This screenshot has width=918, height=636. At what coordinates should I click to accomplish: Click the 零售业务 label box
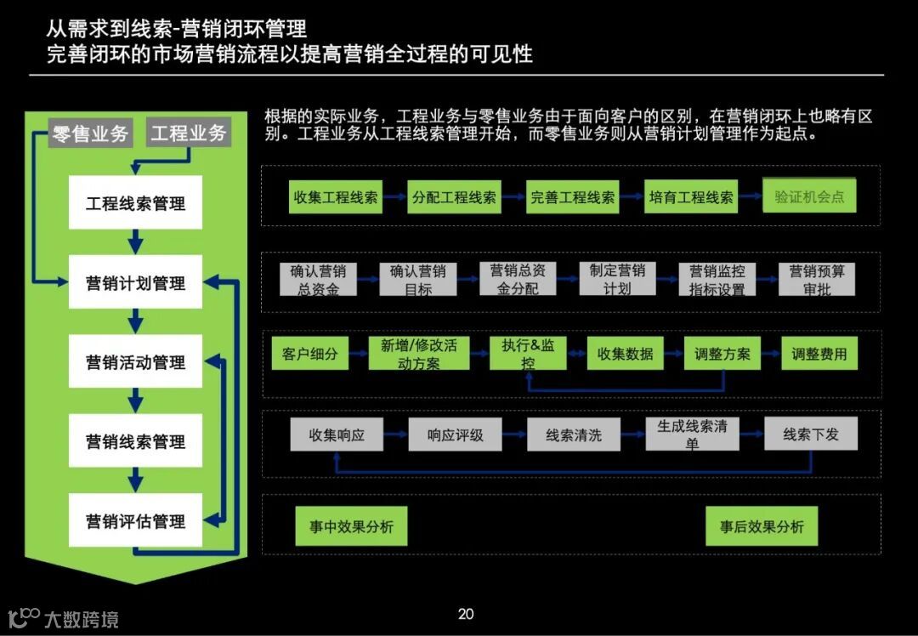point(90,133)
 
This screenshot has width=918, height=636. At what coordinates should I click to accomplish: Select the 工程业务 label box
point(189,133)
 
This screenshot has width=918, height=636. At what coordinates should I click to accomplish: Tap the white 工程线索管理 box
point(135,203)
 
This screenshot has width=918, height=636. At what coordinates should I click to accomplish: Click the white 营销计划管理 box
point(135,282)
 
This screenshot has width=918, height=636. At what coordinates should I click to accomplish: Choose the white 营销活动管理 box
point(135,362)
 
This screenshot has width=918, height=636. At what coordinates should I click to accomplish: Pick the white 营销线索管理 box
point(135,441)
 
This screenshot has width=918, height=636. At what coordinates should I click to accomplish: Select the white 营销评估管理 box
point(135,520)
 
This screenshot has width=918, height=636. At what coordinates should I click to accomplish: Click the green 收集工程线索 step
point(336,196)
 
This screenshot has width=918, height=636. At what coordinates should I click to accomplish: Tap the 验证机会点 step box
point(809,196)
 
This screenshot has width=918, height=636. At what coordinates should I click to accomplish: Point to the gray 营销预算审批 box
point(817,280)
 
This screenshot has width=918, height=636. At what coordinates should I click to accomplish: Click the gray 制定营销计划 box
point(617,280)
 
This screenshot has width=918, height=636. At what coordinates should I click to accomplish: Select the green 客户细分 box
point(309,354)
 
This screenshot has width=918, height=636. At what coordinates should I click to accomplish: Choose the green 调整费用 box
point(819,354)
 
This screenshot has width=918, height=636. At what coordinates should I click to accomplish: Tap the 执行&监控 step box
point(528,354)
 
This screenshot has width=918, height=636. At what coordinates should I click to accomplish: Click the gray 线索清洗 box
point(574,434)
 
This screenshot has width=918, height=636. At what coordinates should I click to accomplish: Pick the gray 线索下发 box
point(811,434)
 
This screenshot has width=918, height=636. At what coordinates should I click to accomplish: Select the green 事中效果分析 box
point(351,526)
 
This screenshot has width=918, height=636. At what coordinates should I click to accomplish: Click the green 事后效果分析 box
point(762,526)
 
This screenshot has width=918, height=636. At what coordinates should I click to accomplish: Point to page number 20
point(466,614)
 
